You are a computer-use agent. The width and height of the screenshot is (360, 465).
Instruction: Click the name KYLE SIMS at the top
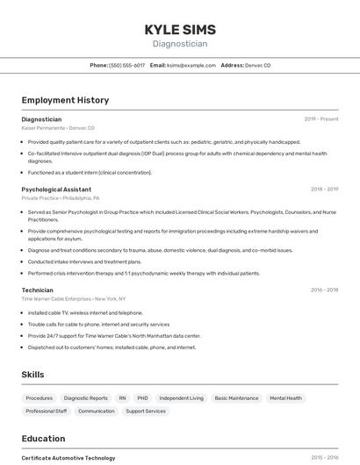tap(180, 29)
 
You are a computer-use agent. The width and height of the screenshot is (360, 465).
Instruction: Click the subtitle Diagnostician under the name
tap(180, 43)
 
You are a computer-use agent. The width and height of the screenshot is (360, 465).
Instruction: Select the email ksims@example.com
tap(191, 65)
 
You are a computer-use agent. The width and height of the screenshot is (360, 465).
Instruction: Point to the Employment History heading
tap(65, 100)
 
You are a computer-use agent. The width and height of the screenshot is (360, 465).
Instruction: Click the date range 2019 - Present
tap(321, 118)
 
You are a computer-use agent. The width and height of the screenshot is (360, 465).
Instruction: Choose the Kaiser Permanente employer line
tap(57, 128)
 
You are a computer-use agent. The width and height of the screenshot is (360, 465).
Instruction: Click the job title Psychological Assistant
tap(56, 189)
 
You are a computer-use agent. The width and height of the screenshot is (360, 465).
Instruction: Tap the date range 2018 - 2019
tap(324, 189)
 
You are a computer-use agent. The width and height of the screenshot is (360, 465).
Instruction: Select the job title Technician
tap(37, 290)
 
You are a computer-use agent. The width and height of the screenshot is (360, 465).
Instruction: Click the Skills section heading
tap(32, 375)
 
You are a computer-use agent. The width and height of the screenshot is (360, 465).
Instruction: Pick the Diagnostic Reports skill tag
tap(86, 398)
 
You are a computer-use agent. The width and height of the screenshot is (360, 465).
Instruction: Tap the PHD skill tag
tap(142, 398)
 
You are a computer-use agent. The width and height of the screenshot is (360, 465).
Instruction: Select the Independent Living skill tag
tap(181, 398)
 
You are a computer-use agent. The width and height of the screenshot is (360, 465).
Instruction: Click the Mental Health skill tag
tap(285, 398)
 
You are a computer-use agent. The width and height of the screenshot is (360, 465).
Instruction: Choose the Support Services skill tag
tap(145, 411)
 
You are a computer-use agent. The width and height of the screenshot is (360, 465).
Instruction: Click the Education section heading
tap(43, 439)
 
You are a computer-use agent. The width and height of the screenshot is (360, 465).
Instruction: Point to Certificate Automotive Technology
tap(68, 458)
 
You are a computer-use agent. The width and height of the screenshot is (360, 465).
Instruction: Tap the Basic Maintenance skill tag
tap(236, 398)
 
